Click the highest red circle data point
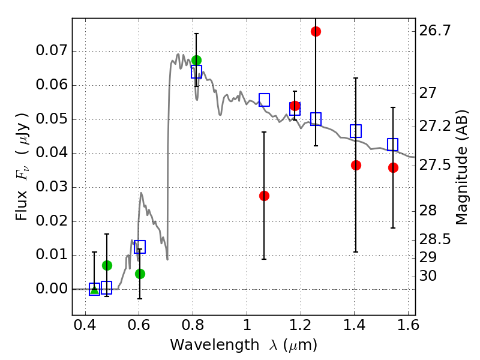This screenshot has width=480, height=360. pyautogui.click(x=316, y=31)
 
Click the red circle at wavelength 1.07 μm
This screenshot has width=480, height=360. pyautogui.click(x=264, y=196)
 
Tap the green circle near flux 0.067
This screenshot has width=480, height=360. pyautogui.click(x=196, y=60)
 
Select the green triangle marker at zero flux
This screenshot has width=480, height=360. pyautogui.click(x=94, y=289)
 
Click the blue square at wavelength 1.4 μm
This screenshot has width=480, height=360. pyautogui.click(x=356, y=131)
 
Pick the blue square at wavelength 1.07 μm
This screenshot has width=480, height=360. pyautogui.click(x=264, y=100)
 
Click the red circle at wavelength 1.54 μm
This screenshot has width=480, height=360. pyautogui.click(x=393, y=167)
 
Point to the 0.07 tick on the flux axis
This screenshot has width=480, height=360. pyautogui.click(x=73, y=51)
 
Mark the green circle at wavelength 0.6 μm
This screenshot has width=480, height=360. pyautogui.click(x=140, y=274)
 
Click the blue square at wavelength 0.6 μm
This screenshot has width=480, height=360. pyautogui.click(x=140, y=247)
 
